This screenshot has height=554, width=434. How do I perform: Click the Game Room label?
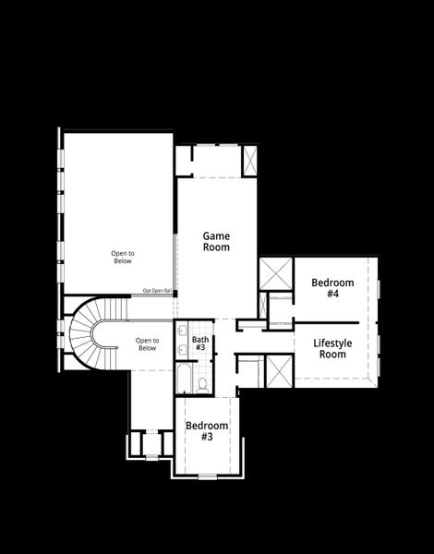[x=216, y=242]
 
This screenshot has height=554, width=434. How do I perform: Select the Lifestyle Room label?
[x=331, y=349]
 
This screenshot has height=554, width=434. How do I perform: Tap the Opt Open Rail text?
[x=158, y=291]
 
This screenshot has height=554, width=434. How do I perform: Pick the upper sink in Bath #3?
[x=180, y=330]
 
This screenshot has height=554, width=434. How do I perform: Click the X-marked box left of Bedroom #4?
[x=275, y=273]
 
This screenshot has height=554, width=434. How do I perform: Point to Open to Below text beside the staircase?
[x=147, y=344]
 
